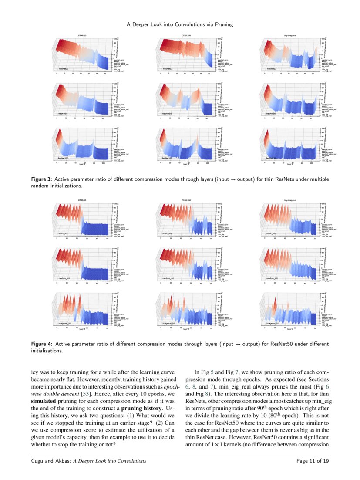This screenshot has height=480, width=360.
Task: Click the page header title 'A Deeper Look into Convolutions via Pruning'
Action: coord(180,24)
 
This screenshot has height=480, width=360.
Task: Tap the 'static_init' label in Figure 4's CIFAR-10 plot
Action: coord(64,234)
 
